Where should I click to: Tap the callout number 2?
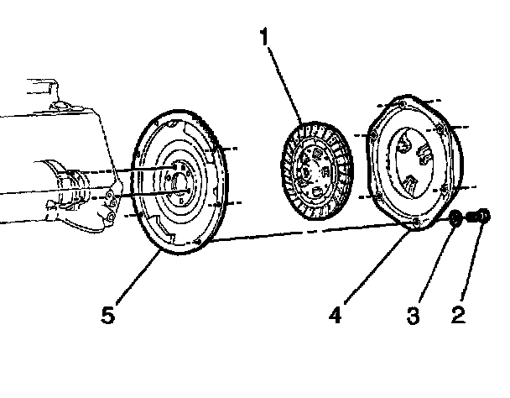click(457, 317)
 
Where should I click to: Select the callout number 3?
click(413, 317)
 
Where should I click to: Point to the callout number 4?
click(335, 317)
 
